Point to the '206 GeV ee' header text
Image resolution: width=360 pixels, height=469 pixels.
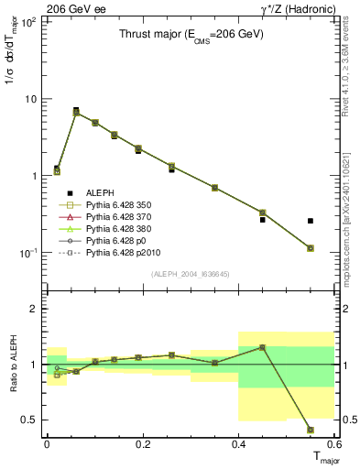[x=71, y=8]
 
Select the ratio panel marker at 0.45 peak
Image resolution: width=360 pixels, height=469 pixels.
[x=262, y=347]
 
